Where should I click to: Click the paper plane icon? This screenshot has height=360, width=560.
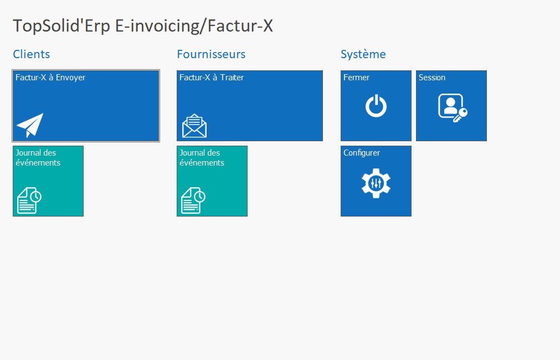tap(30, 125)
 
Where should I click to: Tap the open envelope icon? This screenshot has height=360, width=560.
tap(194, 126)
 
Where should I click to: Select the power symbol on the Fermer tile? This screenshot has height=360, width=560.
tap(376, 106)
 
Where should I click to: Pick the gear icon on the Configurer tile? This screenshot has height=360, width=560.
tap(376, 183)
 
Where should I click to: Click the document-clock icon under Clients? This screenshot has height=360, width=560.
tap(29, 200)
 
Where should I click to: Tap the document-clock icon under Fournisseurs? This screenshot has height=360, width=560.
tap(193, 200)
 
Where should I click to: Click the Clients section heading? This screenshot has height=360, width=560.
tap(32, 54)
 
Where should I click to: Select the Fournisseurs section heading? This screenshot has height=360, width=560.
tap(211, 54)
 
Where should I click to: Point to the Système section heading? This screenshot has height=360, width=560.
tap(363, 54)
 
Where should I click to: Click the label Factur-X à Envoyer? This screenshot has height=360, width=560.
tap(50, 78)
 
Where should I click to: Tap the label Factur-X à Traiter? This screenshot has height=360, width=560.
tap(212, 78)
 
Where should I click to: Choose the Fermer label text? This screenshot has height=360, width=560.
tap(356, 78)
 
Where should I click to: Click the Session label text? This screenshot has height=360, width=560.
tap(432, 78)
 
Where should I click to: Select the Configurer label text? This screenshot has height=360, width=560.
tap(362, 153)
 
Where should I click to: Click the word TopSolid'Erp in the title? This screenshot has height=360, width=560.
tap(61, 26)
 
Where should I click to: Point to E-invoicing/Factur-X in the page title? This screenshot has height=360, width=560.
tap(194, 26)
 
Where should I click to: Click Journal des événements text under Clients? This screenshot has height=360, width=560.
tap(38, 158)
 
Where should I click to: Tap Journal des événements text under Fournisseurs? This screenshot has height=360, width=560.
tap(202, 158)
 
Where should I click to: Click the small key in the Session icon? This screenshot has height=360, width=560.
tap(461, 115)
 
